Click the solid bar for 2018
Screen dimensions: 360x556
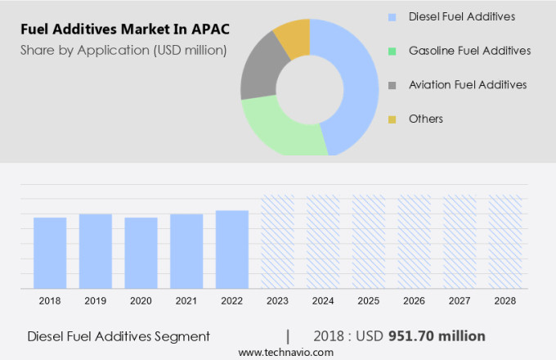click(x=50, y=252)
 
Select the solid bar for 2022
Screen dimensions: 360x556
click(x=232, y=249)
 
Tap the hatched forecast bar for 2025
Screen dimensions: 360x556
click(x=369, y=241)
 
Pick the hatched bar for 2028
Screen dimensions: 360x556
click(x=504, y=241)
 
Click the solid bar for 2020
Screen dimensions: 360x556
click(x=141, y=252)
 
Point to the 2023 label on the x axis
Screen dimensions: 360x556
click(x=277, y=301)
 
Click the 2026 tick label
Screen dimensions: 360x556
click(x=414, y=301)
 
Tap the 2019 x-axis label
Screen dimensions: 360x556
click(x=95, y=301)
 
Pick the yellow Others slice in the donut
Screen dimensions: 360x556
click(x=293, y=38)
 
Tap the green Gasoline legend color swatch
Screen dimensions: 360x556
click(x=392, y=51)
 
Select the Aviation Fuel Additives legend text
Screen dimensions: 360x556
click(x=467, y=84)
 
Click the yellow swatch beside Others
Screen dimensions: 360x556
click(x=392, y=119)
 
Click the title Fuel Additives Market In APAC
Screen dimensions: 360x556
click(x=125, y=29)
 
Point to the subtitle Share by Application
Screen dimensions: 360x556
click(x=123, y=51)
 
